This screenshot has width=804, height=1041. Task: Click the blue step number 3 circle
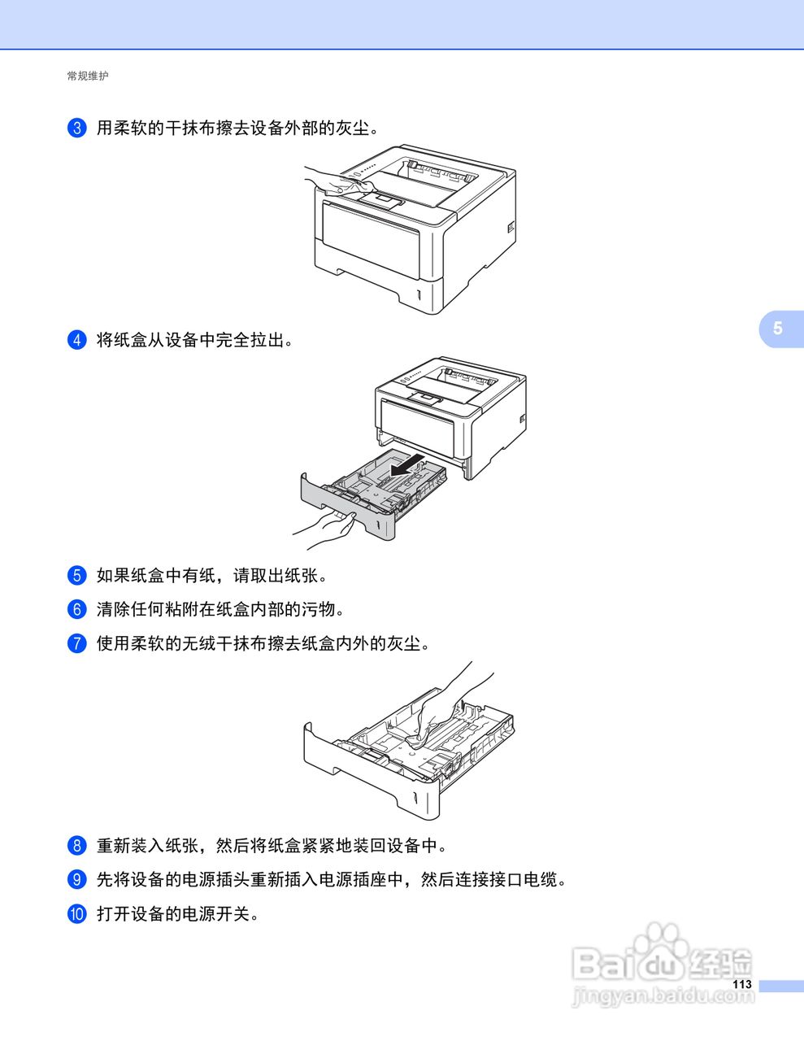click(76, 128)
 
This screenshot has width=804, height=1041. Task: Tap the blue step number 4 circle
click(76, 340)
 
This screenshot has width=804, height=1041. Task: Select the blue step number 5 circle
click(76, 576)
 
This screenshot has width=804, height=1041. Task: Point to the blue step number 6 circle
click(76, 609)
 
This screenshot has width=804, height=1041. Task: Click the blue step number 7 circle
click(76, 643)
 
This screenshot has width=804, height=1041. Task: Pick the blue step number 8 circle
click(76, 846)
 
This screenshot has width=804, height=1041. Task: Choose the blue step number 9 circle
click(76, 879)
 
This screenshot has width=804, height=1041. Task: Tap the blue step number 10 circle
click(76, 914)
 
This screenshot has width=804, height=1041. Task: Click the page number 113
click(741, 985)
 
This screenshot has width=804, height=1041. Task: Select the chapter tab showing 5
click(778, 328)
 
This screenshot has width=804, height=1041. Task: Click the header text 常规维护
click(88, 76)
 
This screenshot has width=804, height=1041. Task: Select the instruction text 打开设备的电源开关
click(178, 914)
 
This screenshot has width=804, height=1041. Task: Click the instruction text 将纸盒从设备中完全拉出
click(195, 340)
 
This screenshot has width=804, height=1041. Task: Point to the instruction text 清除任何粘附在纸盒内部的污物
click(221, 609)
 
